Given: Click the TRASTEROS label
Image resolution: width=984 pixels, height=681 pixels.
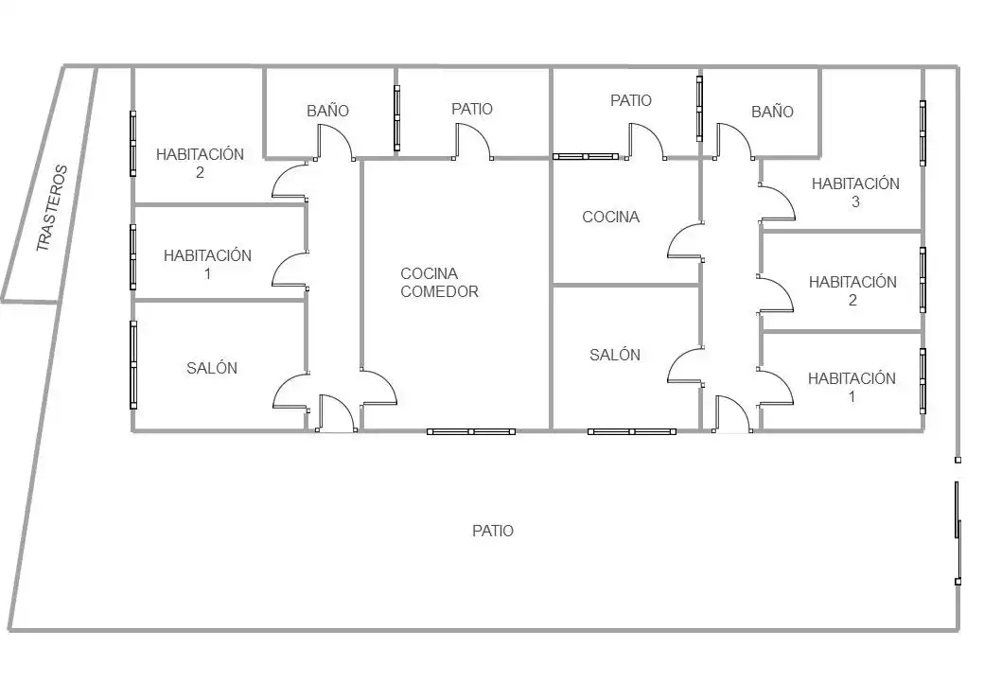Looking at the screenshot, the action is (x=51, y=208).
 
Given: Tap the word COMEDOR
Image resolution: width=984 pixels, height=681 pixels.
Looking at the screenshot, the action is (x=439, y=291).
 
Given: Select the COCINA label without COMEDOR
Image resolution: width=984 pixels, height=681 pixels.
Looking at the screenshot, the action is (x=610, y=217).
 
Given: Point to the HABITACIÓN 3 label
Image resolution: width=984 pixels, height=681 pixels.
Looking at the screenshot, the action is (x=855, y=193).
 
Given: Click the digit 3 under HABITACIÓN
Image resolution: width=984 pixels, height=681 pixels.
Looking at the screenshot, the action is (x=855, y=201).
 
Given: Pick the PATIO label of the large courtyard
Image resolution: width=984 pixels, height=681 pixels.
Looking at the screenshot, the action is (x=493, y=532).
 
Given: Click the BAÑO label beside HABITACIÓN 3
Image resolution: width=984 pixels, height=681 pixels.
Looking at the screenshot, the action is (x=772, y=112).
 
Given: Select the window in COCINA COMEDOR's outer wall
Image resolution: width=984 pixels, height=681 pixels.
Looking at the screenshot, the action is (x=471, y=431).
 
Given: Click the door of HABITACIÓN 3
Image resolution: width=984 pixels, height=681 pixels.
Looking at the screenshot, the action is (x=777, y=201).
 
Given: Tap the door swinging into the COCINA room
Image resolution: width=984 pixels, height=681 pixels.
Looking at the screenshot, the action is (x=685, y=241).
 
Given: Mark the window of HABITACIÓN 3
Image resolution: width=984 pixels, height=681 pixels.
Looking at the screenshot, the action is (x=922, y=133).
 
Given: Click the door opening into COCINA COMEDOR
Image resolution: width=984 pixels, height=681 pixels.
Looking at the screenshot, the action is (x=378, y=388).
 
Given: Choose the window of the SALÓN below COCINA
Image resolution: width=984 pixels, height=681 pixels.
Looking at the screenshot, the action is (x=632, y=431).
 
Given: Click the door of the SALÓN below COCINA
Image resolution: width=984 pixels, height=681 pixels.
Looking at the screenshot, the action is (x=685, y=366).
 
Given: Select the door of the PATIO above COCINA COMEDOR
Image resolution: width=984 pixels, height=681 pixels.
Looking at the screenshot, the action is (x=473, y=142).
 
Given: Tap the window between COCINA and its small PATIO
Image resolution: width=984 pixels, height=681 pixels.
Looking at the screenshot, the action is (x=586, y=156).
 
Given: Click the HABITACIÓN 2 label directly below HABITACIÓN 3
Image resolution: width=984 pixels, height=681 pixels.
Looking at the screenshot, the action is (x=852, y=291).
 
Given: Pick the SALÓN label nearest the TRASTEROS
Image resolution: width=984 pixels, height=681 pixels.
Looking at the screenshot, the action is (x=212, y=368).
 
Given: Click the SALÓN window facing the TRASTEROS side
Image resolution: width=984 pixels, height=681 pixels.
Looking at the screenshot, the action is (x=133, y=365).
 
